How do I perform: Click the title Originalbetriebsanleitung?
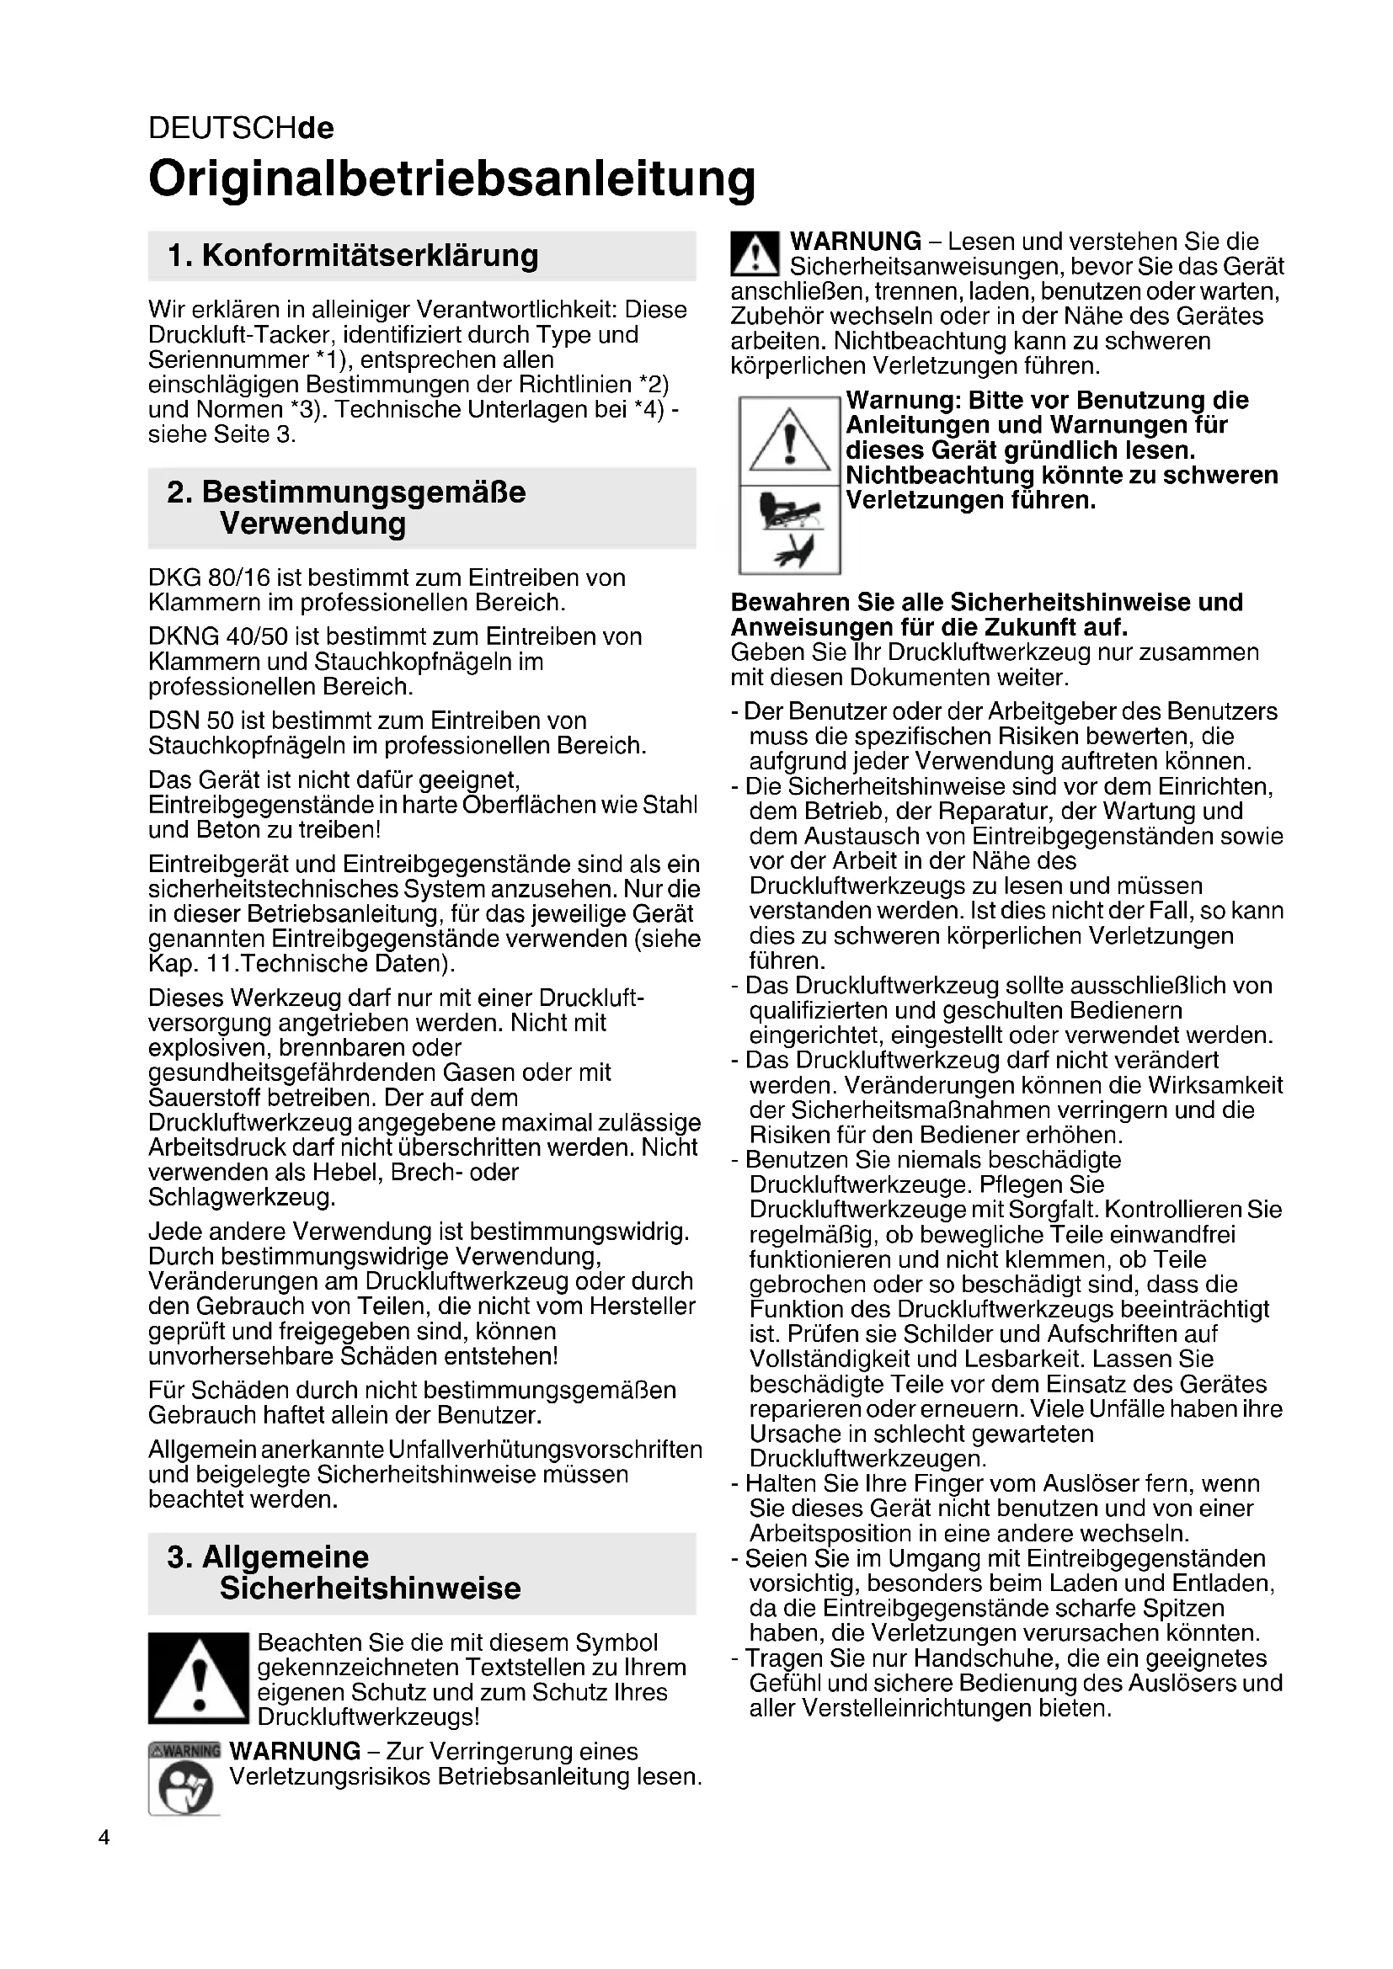click(452, 178)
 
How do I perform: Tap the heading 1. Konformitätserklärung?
click(354, 256)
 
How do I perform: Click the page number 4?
click(104, 1838)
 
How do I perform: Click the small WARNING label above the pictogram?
click(184, 1749)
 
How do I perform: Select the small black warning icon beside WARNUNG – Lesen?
click(754, 255)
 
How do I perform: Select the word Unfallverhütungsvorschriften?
click(545, 1450)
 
